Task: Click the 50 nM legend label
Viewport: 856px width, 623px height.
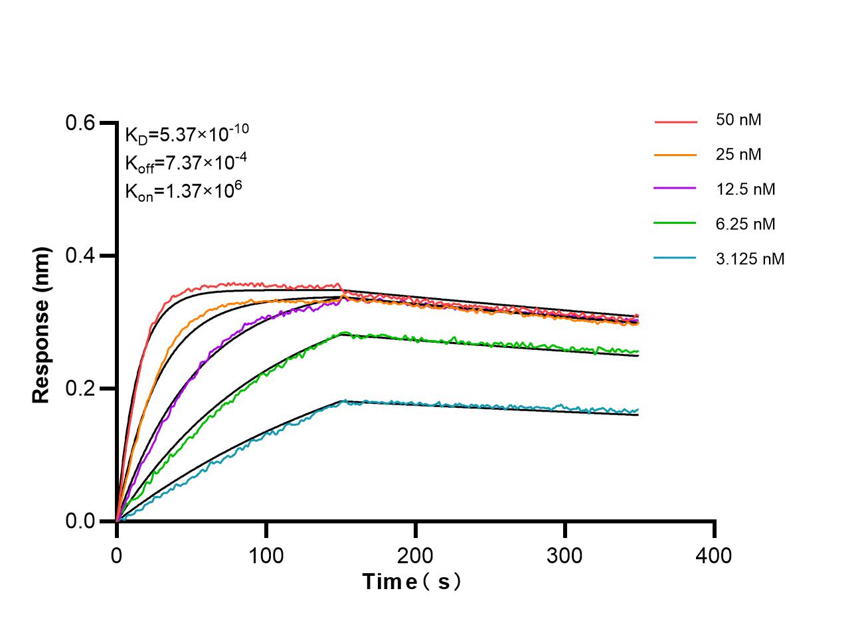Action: (738, 120)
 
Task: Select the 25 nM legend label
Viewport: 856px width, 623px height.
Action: (738, 155)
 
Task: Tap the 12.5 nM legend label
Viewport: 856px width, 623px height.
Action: (745, 189)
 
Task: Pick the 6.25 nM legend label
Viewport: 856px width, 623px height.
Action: (745, 224)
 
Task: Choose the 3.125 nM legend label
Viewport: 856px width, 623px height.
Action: (750, 258)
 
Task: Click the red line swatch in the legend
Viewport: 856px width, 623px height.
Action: (675, 122)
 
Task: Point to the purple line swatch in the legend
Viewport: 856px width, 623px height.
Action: (675, 189)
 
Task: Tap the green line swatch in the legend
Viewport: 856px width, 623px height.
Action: (675, 224)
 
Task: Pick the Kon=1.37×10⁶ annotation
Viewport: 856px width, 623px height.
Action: (183, 191)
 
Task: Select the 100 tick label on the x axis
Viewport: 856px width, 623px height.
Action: (266, 555)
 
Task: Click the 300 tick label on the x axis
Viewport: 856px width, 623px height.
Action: (565, 555)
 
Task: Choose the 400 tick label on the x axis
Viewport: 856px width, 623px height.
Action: (715, 555)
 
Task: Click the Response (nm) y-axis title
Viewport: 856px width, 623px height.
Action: (41, 325)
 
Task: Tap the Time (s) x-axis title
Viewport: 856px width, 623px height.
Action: (411, 582)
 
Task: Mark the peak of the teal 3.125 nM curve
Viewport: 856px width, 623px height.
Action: (343, 400)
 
